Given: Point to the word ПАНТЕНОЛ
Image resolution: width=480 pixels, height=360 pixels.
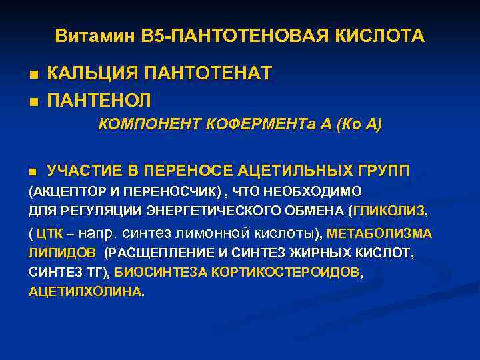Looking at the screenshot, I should click(99, 100).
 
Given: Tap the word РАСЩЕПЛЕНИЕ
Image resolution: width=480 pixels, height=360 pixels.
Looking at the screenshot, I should click(156, 254).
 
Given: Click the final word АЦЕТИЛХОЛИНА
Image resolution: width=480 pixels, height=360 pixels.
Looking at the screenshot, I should click(85, 292).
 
